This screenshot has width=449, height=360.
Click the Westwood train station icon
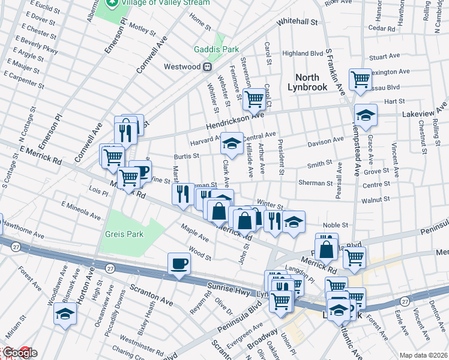207,67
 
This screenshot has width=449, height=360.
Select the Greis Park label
124,234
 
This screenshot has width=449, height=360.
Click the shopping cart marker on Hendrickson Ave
254,99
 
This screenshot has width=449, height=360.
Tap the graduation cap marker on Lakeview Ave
365,114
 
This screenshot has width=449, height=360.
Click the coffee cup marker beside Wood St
179,264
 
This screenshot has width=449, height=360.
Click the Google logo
19,353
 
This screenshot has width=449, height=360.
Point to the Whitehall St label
297,22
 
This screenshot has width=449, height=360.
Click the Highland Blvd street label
303,53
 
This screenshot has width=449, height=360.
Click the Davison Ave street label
326,142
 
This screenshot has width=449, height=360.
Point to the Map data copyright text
423,355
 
